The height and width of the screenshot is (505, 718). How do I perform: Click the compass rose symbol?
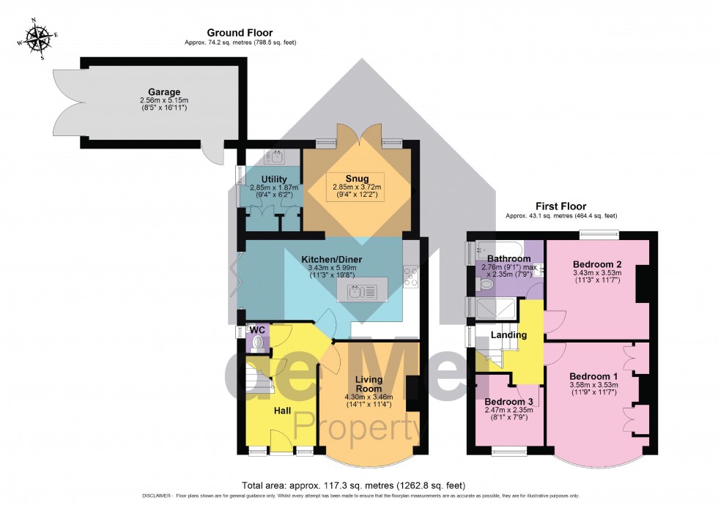pyautogui.click(x=34, y=40)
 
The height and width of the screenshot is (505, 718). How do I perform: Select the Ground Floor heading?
pyautogui.click(x=240, y=32)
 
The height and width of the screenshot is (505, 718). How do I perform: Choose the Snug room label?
pyautogui.click(x=358, y=178)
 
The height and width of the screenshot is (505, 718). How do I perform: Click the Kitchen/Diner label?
pyautogui.click(x=332, y=259)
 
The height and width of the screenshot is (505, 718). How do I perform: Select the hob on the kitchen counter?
pyautogui.click(x=410, y=277)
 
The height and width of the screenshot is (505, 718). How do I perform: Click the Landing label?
pyautogui.click(x=508, y=335)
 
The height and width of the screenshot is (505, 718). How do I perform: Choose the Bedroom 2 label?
pyautogui.click(x=597, y=263)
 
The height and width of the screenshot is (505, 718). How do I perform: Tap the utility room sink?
pyautogui.click(x=278, y=157)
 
